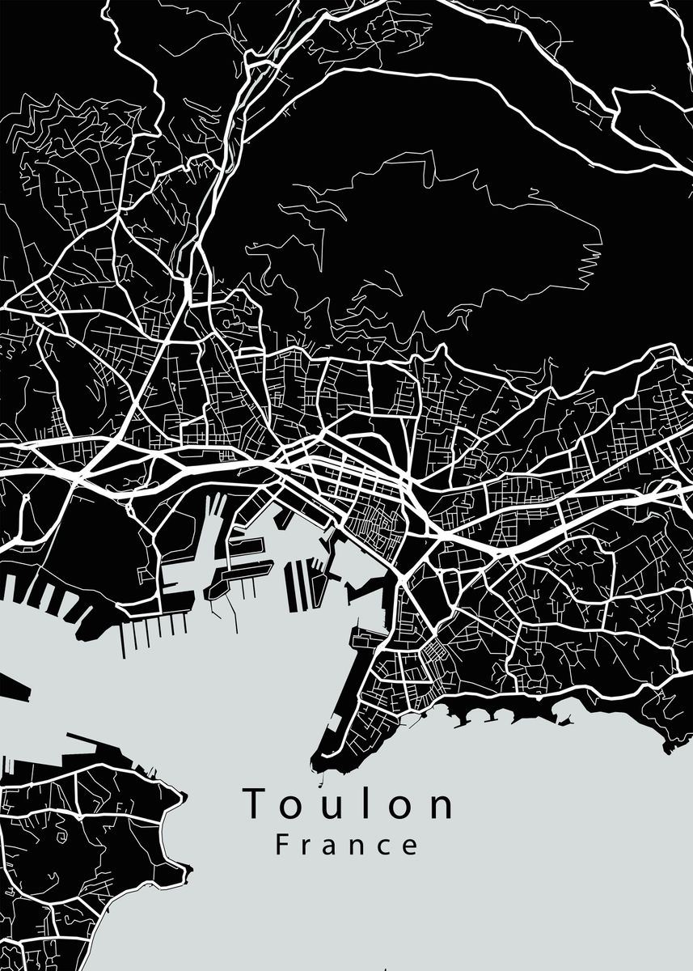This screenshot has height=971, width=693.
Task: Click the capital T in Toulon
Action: coord(257,804)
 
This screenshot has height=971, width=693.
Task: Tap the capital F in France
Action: coord(282,846)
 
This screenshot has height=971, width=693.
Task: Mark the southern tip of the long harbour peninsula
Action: coord(319,761)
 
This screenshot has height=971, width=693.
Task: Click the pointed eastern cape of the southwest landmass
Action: coord(183,801)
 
